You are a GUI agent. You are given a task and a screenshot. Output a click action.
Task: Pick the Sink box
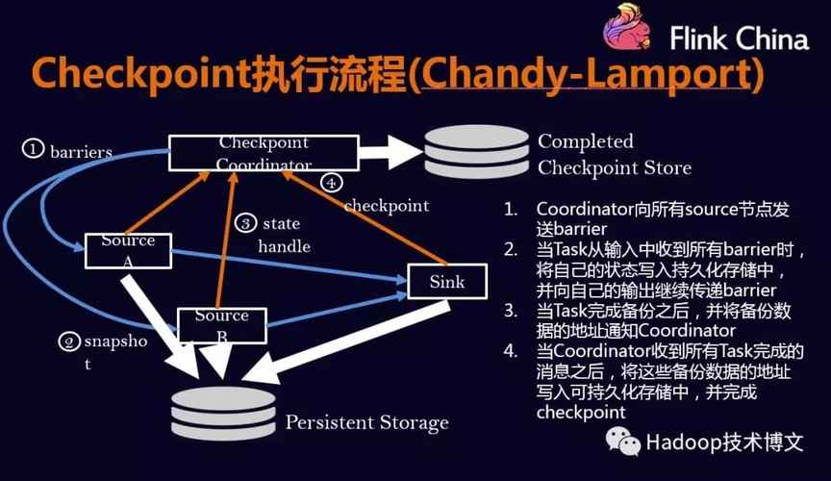pyautogui.click(x=446, y=282)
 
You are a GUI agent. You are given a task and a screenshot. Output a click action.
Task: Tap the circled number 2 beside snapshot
pyautogui.click(x=67, y=341)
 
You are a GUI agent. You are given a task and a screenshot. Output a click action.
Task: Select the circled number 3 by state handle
pyautogui.click(x=246, y=224)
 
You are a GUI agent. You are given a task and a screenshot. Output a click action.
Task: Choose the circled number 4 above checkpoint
pyautogui.click(x=332, y=182)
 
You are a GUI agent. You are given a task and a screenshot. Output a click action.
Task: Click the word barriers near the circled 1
pyautogui.click(x=82, y=151)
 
